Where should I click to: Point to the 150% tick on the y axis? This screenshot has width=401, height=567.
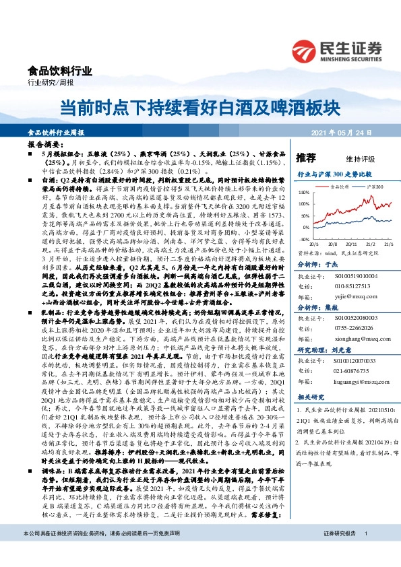[304, 193]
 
